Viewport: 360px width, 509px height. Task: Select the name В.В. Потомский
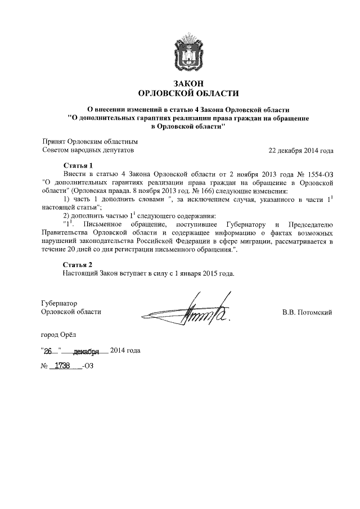point(307,312)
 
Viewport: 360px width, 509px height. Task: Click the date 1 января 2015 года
point(201,273)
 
